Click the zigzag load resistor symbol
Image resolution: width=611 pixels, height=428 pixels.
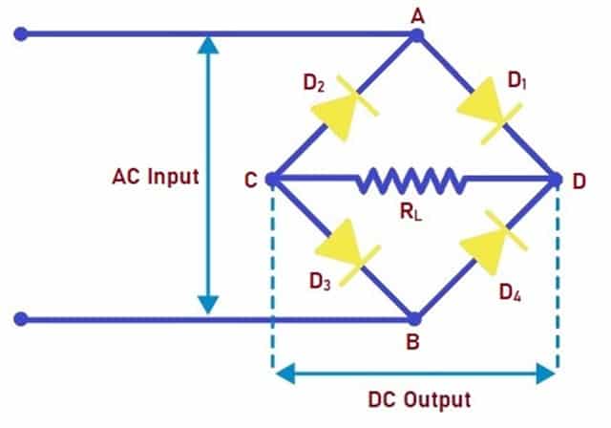[410, 179]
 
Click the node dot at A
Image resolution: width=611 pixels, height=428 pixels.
[416, 35]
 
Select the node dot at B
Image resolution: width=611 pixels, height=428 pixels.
[414, 318]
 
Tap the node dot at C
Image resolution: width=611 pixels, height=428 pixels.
[271, 179]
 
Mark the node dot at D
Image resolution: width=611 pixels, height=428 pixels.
[557, 179]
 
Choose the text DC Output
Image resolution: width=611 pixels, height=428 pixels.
[420, 397]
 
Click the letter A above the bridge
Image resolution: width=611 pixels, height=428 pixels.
[417, 13]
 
